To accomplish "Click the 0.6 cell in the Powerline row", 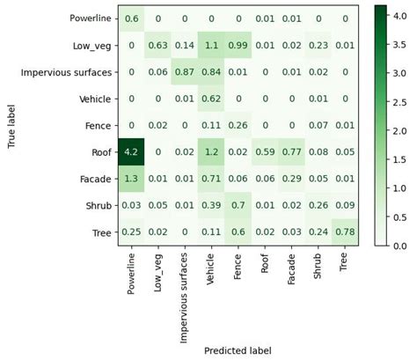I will click(131, 18).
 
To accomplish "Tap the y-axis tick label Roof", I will click(99, 152).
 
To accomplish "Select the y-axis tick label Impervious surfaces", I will click(67, 71).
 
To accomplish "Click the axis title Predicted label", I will click(238, 349).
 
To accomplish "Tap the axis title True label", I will click(12, 125).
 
